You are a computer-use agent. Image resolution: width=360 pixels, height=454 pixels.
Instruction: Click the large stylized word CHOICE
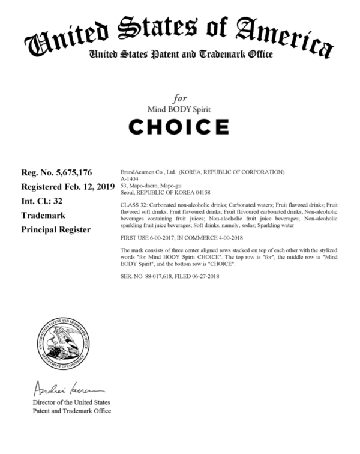[179, 127]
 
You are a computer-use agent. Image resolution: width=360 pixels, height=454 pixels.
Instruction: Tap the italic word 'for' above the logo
[180, 98]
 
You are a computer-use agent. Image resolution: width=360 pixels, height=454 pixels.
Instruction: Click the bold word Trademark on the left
[44, 214]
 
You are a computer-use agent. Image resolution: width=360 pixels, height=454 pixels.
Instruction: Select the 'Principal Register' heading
[56, 229]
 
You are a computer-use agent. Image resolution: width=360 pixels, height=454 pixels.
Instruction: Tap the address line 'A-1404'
[130, 178]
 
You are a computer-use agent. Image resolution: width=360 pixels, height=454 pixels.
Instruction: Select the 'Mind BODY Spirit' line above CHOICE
[179, 109]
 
